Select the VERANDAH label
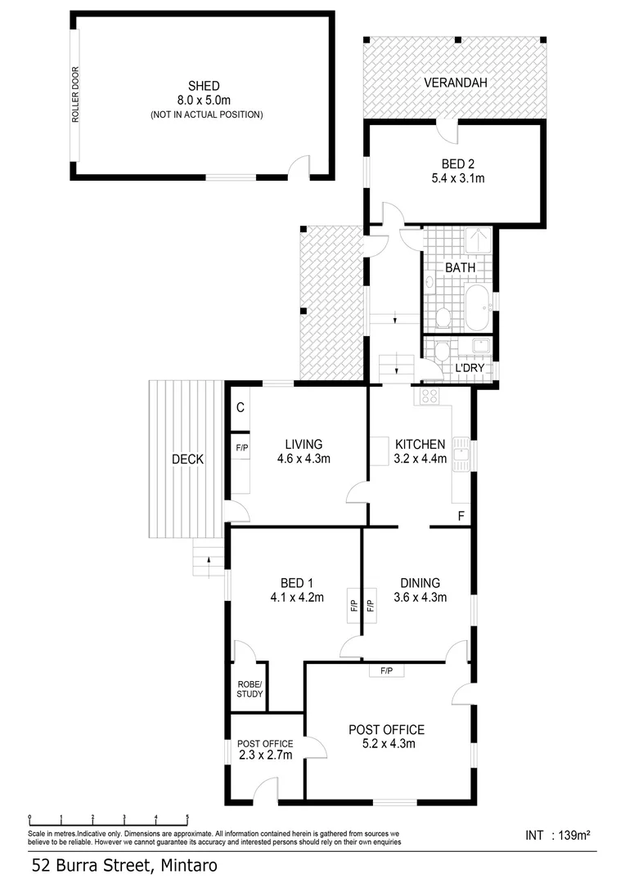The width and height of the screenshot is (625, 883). click(x=455, y=83)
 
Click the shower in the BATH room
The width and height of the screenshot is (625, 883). click(x=477, y=241)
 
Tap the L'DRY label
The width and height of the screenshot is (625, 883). click(x=470, y=368)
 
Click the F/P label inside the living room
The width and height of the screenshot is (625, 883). click(x=241, y=448)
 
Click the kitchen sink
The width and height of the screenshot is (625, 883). click(x=461, y=455)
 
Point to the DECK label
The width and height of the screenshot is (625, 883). click(x=188, y=459)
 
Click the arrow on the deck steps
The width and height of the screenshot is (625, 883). click(x=209, y=560)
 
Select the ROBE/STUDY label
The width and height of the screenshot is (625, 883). click(x=250, y=689)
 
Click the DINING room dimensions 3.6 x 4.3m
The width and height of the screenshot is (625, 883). click(x=420, y=598)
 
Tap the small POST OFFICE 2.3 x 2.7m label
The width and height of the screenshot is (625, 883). click(x=265, y=750)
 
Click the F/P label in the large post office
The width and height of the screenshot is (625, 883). click(x=385, y=671)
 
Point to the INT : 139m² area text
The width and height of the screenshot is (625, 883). click(x=558, y=836)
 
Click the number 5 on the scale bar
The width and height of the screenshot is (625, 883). click(x=187, y=817)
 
